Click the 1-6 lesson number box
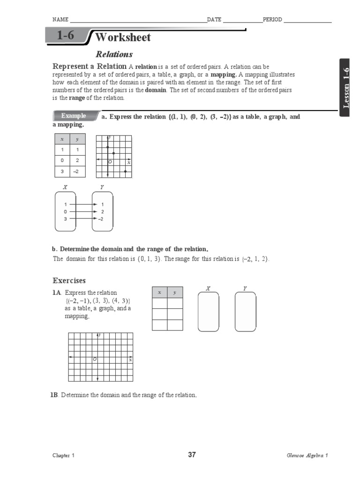(x=66, y=36)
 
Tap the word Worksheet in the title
(x=123, y=37)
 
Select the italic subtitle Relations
(x=114, y=54)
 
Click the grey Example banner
(x=74, y=116)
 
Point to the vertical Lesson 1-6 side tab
(x=346, y=88)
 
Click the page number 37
(x=192, y=455)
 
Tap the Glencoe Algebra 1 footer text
(x=307, y=456)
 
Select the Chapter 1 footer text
(x=63, y=456)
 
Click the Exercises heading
(x=69, y=281)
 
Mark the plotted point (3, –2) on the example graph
(x=125, y=172)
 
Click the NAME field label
(x=60, y=20)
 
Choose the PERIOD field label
(x=272, y=20)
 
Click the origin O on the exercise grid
(x=95, y=359)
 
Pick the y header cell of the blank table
(x=175, y=292)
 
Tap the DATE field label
(x=214, y=20)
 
